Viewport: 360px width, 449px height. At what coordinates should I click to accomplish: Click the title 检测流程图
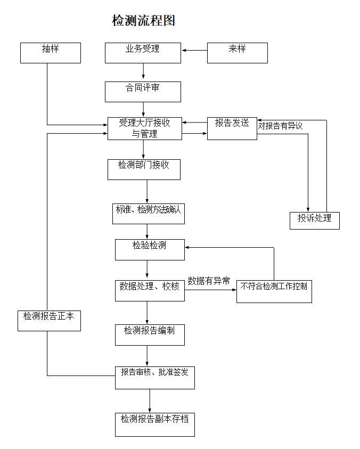[144, 21]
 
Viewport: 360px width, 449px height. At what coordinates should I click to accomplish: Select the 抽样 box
[51, 53]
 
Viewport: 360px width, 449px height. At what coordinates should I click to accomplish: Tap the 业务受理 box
[143, 53]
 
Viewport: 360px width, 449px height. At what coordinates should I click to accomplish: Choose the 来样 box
[237, 53]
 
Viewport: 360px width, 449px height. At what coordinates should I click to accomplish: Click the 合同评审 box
[143, 92]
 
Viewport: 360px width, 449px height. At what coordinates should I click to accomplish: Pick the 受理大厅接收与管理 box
[145, 128]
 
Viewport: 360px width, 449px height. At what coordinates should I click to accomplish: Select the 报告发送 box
[232, 128]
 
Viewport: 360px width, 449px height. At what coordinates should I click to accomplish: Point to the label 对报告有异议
[280, 126]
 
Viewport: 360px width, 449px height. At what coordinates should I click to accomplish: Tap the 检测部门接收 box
[144, 169]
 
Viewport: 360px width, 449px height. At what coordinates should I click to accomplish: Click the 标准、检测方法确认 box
[149, 213]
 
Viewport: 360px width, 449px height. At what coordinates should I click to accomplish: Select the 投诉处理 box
[314, 221]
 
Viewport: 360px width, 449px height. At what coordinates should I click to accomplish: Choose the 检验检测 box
[150, 249]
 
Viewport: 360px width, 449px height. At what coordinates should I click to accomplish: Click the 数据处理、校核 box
[150, 290]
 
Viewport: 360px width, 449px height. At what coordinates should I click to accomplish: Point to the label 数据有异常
[209, 281]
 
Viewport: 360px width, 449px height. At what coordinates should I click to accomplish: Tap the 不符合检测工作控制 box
[274, 291]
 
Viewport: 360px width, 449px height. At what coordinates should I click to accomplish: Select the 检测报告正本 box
[49, 320]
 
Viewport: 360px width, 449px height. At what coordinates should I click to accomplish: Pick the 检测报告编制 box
[150, 334]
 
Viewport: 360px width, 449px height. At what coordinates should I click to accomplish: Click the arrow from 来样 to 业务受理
[194, 51]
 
